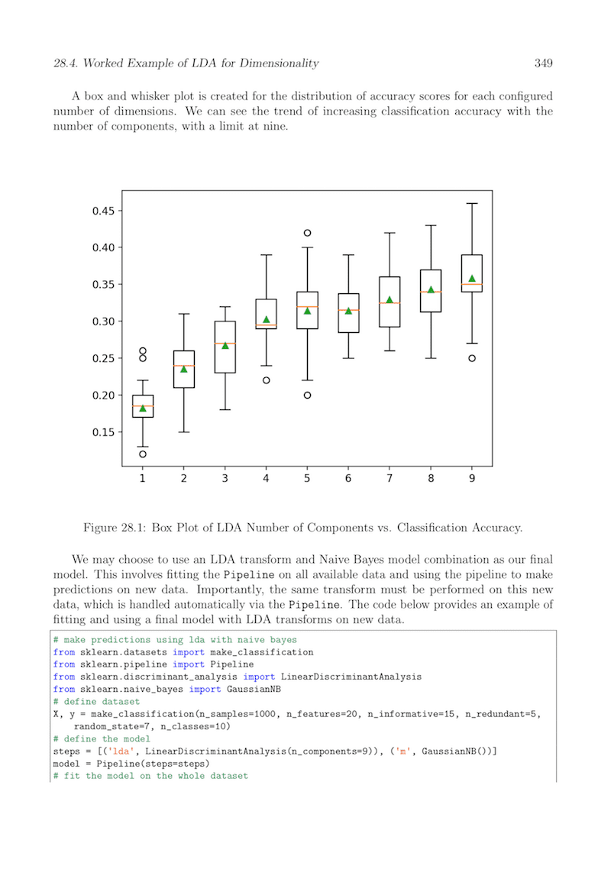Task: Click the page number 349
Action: [543, 63]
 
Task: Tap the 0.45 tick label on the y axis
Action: [102, 211]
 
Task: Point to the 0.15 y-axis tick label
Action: [102, 432]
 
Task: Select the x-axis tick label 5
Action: [307, 479]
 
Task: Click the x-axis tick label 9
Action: [472, 479]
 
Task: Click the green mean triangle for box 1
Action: [142, 408]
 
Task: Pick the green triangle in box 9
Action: [472, 279]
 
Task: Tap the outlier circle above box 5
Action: [307, 233]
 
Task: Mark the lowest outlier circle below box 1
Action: [142, 454]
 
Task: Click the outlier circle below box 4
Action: [266, 380]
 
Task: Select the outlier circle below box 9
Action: [472, 358]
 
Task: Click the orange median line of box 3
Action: [225, 344]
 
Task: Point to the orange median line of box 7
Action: [390, 303]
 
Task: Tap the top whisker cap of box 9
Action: [472, 204]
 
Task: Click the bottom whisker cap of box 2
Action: [183, 432]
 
